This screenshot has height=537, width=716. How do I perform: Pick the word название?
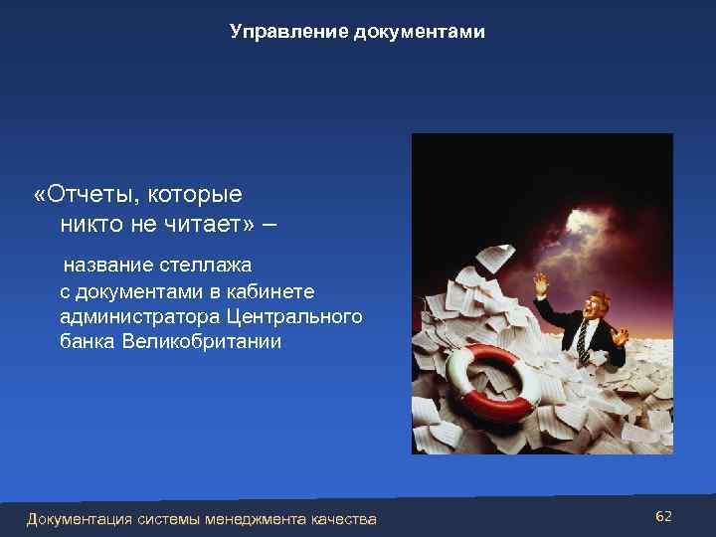[108, 266]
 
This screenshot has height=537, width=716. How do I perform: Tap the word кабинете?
[270, 291]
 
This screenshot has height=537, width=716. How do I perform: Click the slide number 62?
[664, 516]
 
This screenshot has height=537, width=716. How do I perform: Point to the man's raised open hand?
[540, 284]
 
